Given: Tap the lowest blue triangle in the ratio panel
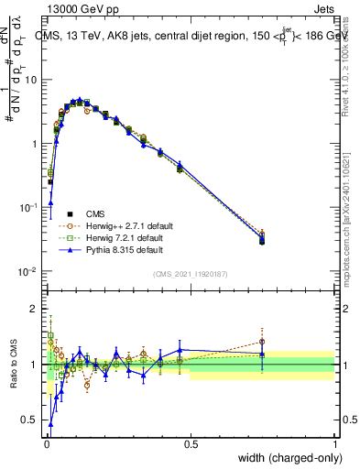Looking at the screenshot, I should (x=50, y=425).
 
